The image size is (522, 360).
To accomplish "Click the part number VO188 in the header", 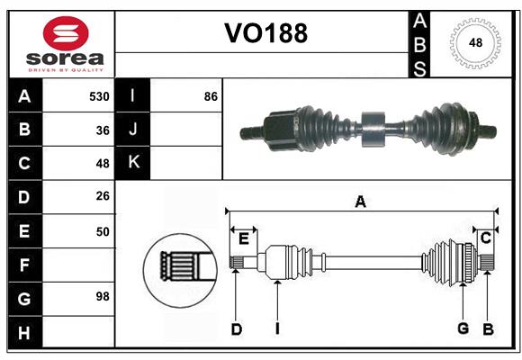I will (x=265, y=33).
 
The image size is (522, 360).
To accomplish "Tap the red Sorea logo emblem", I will (x=66, y=33).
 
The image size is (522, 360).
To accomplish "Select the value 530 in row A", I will (x=99, y=96).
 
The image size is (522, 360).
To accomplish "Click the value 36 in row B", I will (x=103, y=130).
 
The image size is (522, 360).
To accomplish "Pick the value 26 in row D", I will (x=103, y=197).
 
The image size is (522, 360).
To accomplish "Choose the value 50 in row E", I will (x=103, y=231).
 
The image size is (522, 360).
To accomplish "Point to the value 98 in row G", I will (x=103, y=296).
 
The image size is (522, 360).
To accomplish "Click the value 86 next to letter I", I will (x=211, y=96).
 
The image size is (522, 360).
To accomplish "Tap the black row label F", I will (x=23, y=265).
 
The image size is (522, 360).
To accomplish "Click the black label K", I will (x=133, y=163).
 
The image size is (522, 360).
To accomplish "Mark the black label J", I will (x=133, y=130).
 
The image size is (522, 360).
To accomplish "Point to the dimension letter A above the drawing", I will (x=360, y=202).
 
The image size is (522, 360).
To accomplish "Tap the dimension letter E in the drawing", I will (x=244, y=238).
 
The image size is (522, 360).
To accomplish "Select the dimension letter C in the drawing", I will (x=485, y=238).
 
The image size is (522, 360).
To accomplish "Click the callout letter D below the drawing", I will (x=236, y=329).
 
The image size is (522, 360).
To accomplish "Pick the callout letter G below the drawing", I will (x=463, y=328).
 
